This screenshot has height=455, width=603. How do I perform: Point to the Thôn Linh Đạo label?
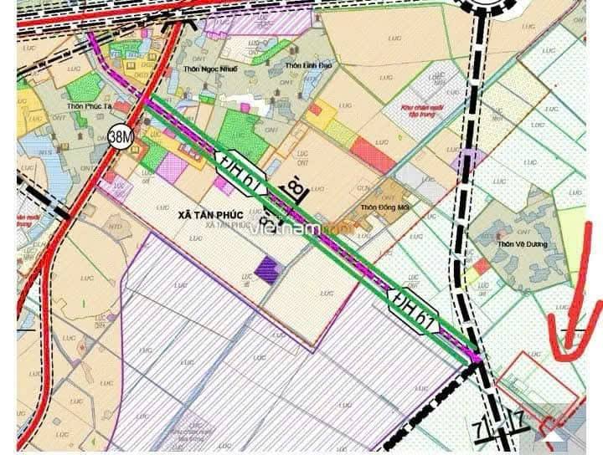click(307, 65)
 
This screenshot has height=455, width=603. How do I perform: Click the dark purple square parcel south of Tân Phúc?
click(267, 269)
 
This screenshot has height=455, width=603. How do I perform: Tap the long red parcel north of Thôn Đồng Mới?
click(373, 154)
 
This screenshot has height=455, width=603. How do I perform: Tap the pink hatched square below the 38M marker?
click(172, 168)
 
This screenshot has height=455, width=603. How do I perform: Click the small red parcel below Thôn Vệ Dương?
click(481, 266)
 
